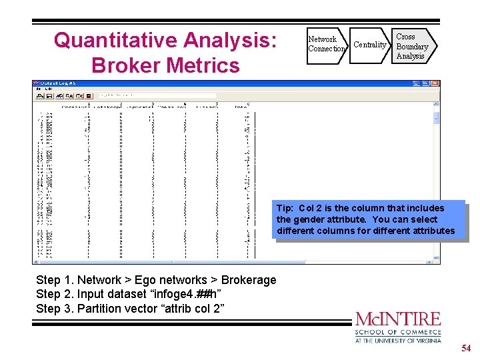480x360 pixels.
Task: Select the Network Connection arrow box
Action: [326, 44]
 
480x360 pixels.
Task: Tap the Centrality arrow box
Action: [369, 45]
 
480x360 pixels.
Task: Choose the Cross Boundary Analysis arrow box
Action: [411, 46]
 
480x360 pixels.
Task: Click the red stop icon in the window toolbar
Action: [88, 96]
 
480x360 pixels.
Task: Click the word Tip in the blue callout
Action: [285, 208]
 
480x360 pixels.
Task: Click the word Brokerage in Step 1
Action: [248, 280]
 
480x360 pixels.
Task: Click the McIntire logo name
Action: [398, 319]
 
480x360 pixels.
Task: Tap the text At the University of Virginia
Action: [398, 340]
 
